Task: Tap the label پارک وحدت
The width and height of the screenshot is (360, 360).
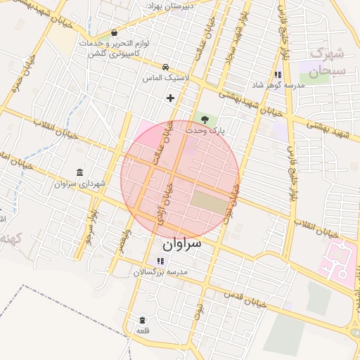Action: tap(205, 131)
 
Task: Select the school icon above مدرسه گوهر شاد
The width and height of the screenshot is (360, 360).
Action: tap(278, 74)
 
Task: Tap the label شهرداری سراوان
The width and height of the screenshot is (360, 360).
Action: tap(78, 184)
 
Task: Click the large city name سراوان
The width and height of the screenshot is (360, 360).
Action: tap(181, 244)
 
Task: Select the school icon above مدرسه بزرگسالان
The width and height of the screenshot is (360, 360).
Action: tap(160, 261)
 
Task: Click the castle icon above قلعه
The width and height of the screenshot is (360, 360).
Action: tap(143, 320)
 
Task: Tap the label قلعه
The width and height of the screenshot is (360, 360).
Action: tap(143, 330)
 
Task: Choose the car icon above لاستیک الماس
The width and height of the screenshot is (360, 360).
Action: tap(165, 67)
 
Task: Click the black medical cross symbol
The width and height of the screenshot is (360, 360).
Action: tap(169, 98)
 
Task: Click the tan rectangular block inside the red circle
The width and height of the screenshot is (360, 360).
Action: tap(209, 203)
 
